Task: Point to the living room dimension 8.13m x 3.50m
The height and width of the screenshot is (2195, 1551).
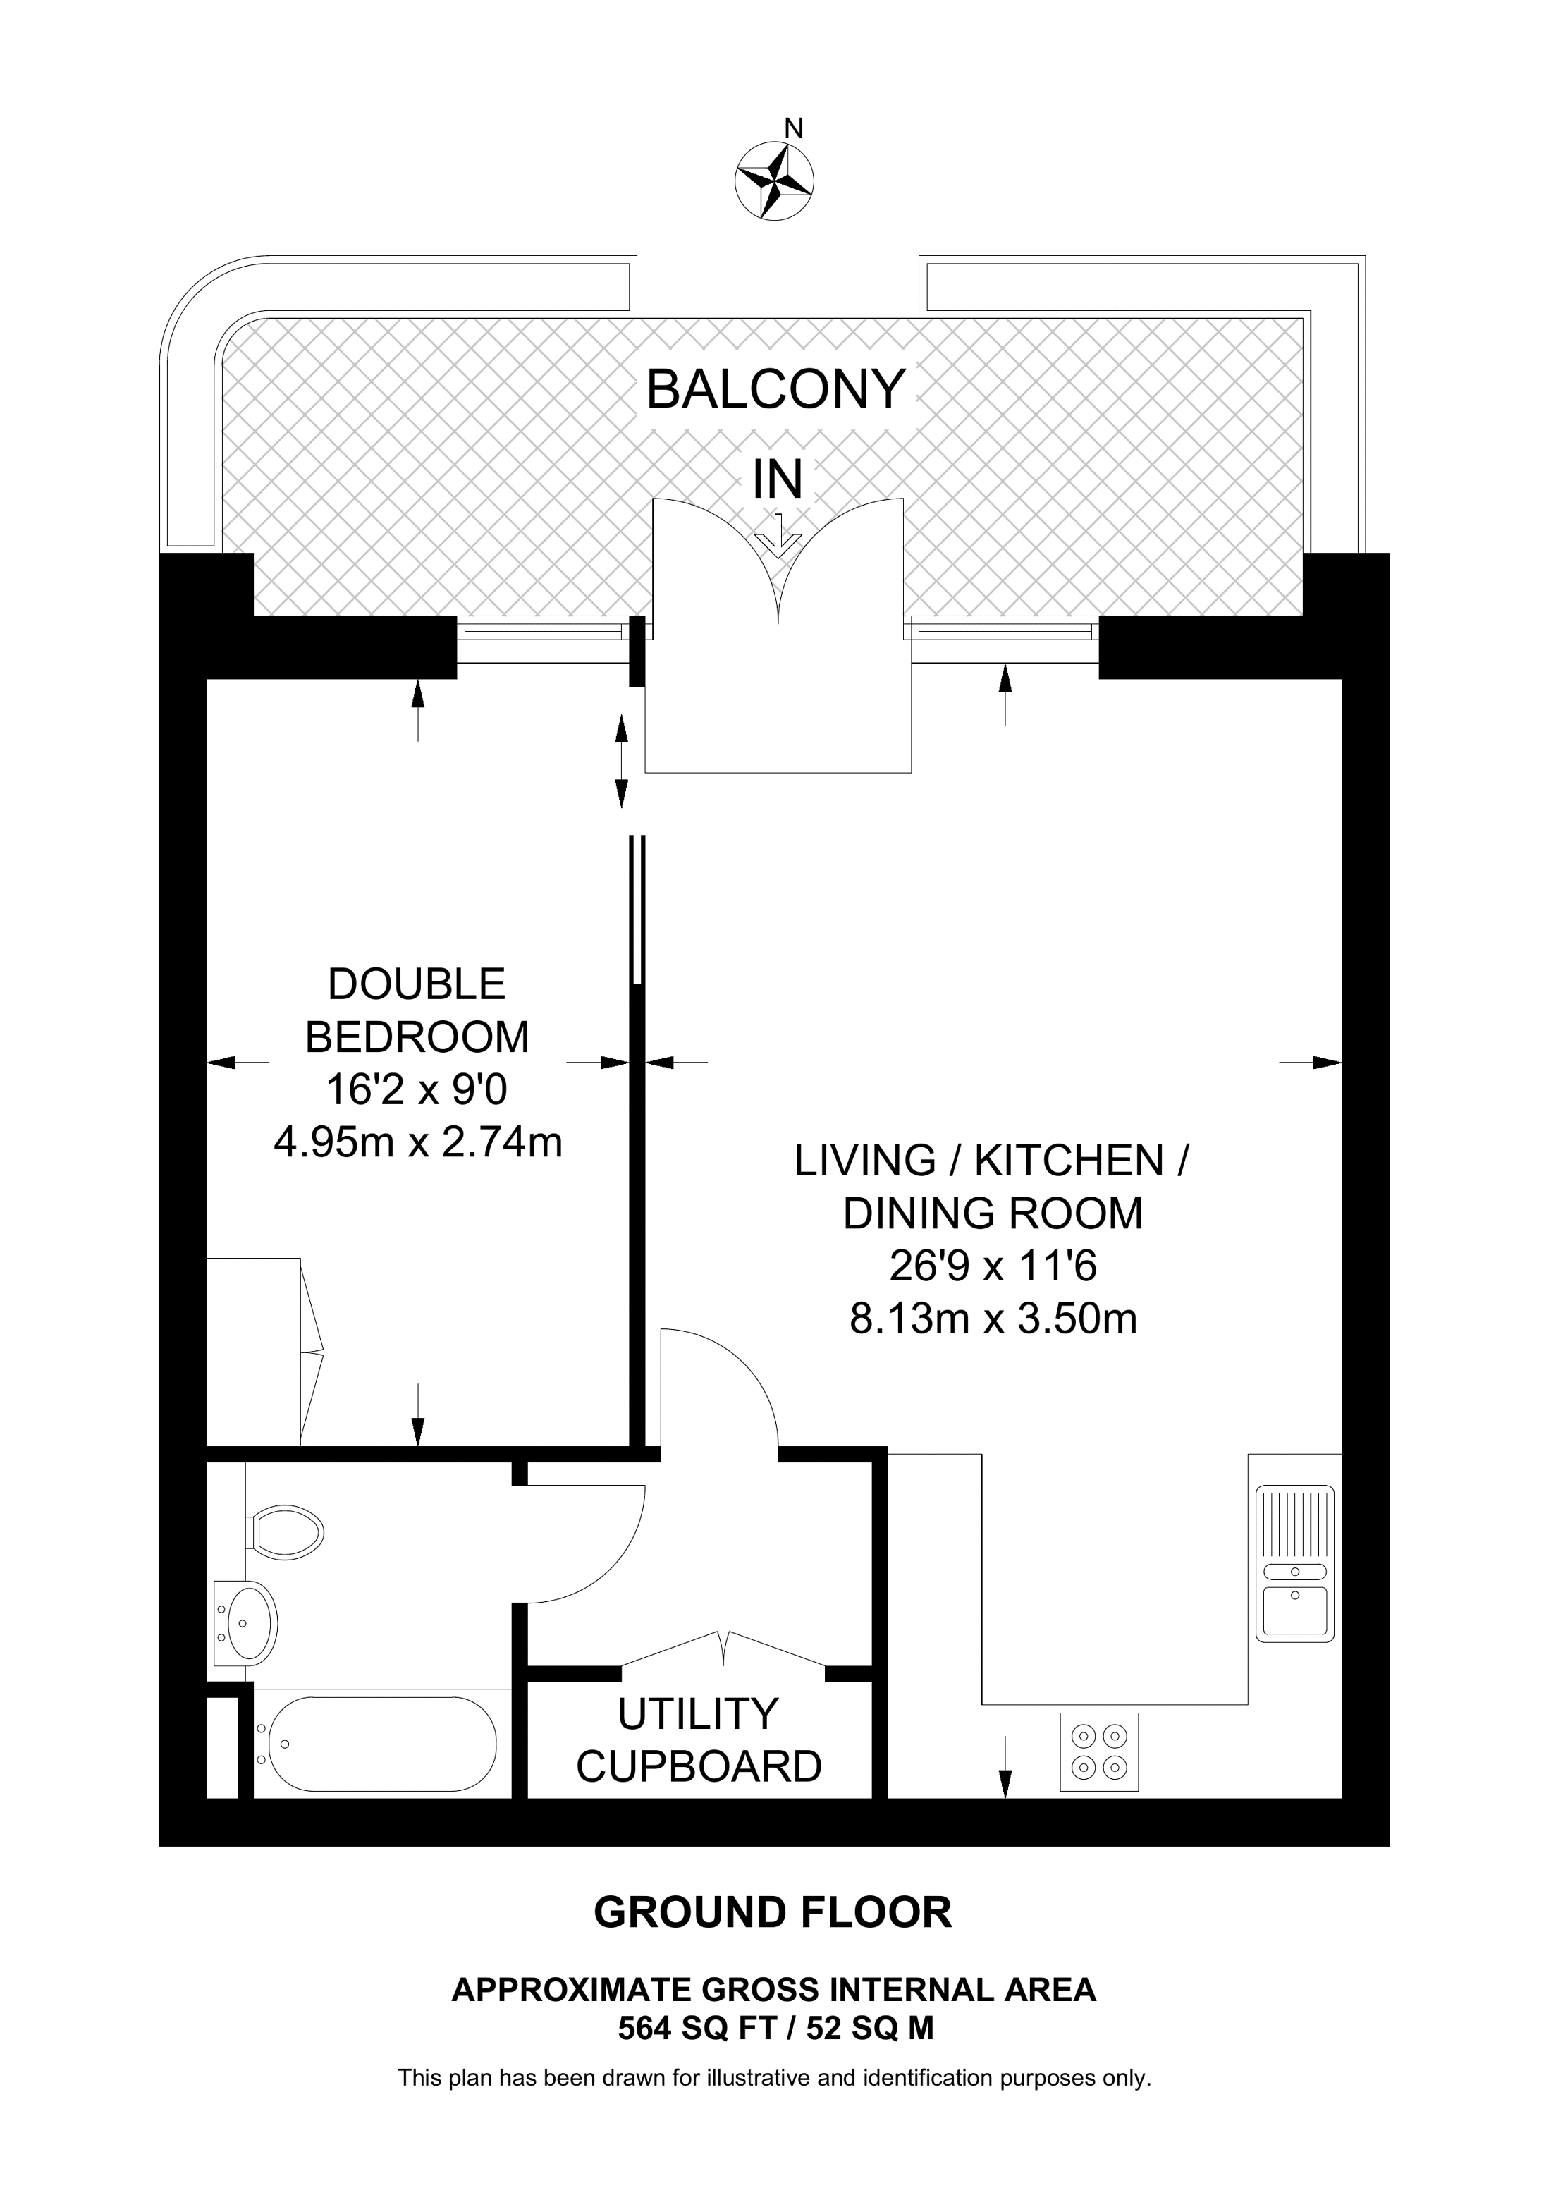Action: tap(993, 1319)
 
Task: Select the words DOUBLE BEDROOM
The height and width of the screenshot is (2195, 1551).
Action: tap(417, 1010)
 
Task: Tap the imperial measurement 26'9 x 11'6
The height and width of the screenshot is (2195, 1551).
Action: tap(993, 1266)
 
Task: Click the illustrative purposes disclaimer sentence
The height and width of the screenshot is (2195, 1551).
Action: tap(775, 2077)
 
